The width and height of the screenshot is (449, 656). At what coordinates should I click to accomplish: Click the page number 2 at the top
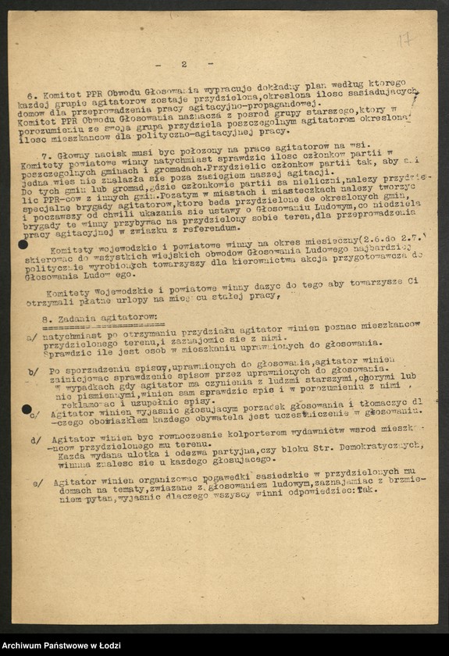pyautogui.click(x=184, y=64)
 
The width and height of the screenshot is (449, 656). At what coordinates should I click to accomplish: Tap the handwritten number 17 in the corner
pyautogui.click(x=404, y=39)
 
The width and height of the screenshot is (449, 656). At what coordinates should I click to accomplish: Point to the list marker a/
pyautogui.click(x=31, y=337)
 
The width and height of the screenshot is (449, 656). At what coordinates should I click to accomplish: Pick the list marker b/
pyautogui.click(x=33, y=372)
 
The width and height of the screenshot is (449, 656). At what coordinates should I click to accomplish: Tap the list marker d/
pyautogui.click(x=36, y=439)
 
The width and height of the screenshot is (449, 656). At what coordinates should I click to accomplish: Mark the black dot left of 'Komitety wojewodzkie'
pyautogui.click(x=23, y=244)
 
